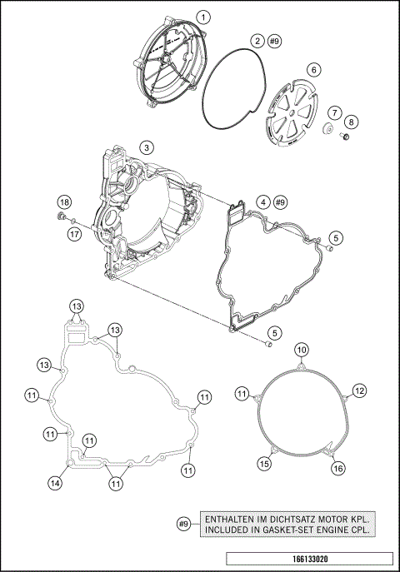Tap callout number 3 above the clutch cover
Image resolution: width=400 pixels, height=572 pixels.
click(146, 147)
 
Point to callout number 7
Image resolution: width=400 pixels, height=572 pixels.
click(333, 112)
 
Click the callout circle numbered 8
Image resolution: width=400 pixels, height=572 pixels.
click(351, 122)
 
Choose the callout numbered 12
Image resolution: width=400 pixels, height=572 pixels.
click(359, 390)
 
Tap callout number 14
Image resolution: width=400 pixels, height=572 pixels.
click(55, 482)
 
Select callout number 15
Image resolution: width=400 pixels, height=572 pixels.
click(263, 463)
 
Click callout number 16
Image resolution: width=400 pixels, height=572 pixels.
click(338, 469)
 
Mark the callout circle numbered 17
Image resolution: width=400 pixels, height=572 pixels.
click(75, 235)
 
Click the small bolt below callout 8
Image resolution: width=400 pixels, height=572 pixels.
click(342, 137)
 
